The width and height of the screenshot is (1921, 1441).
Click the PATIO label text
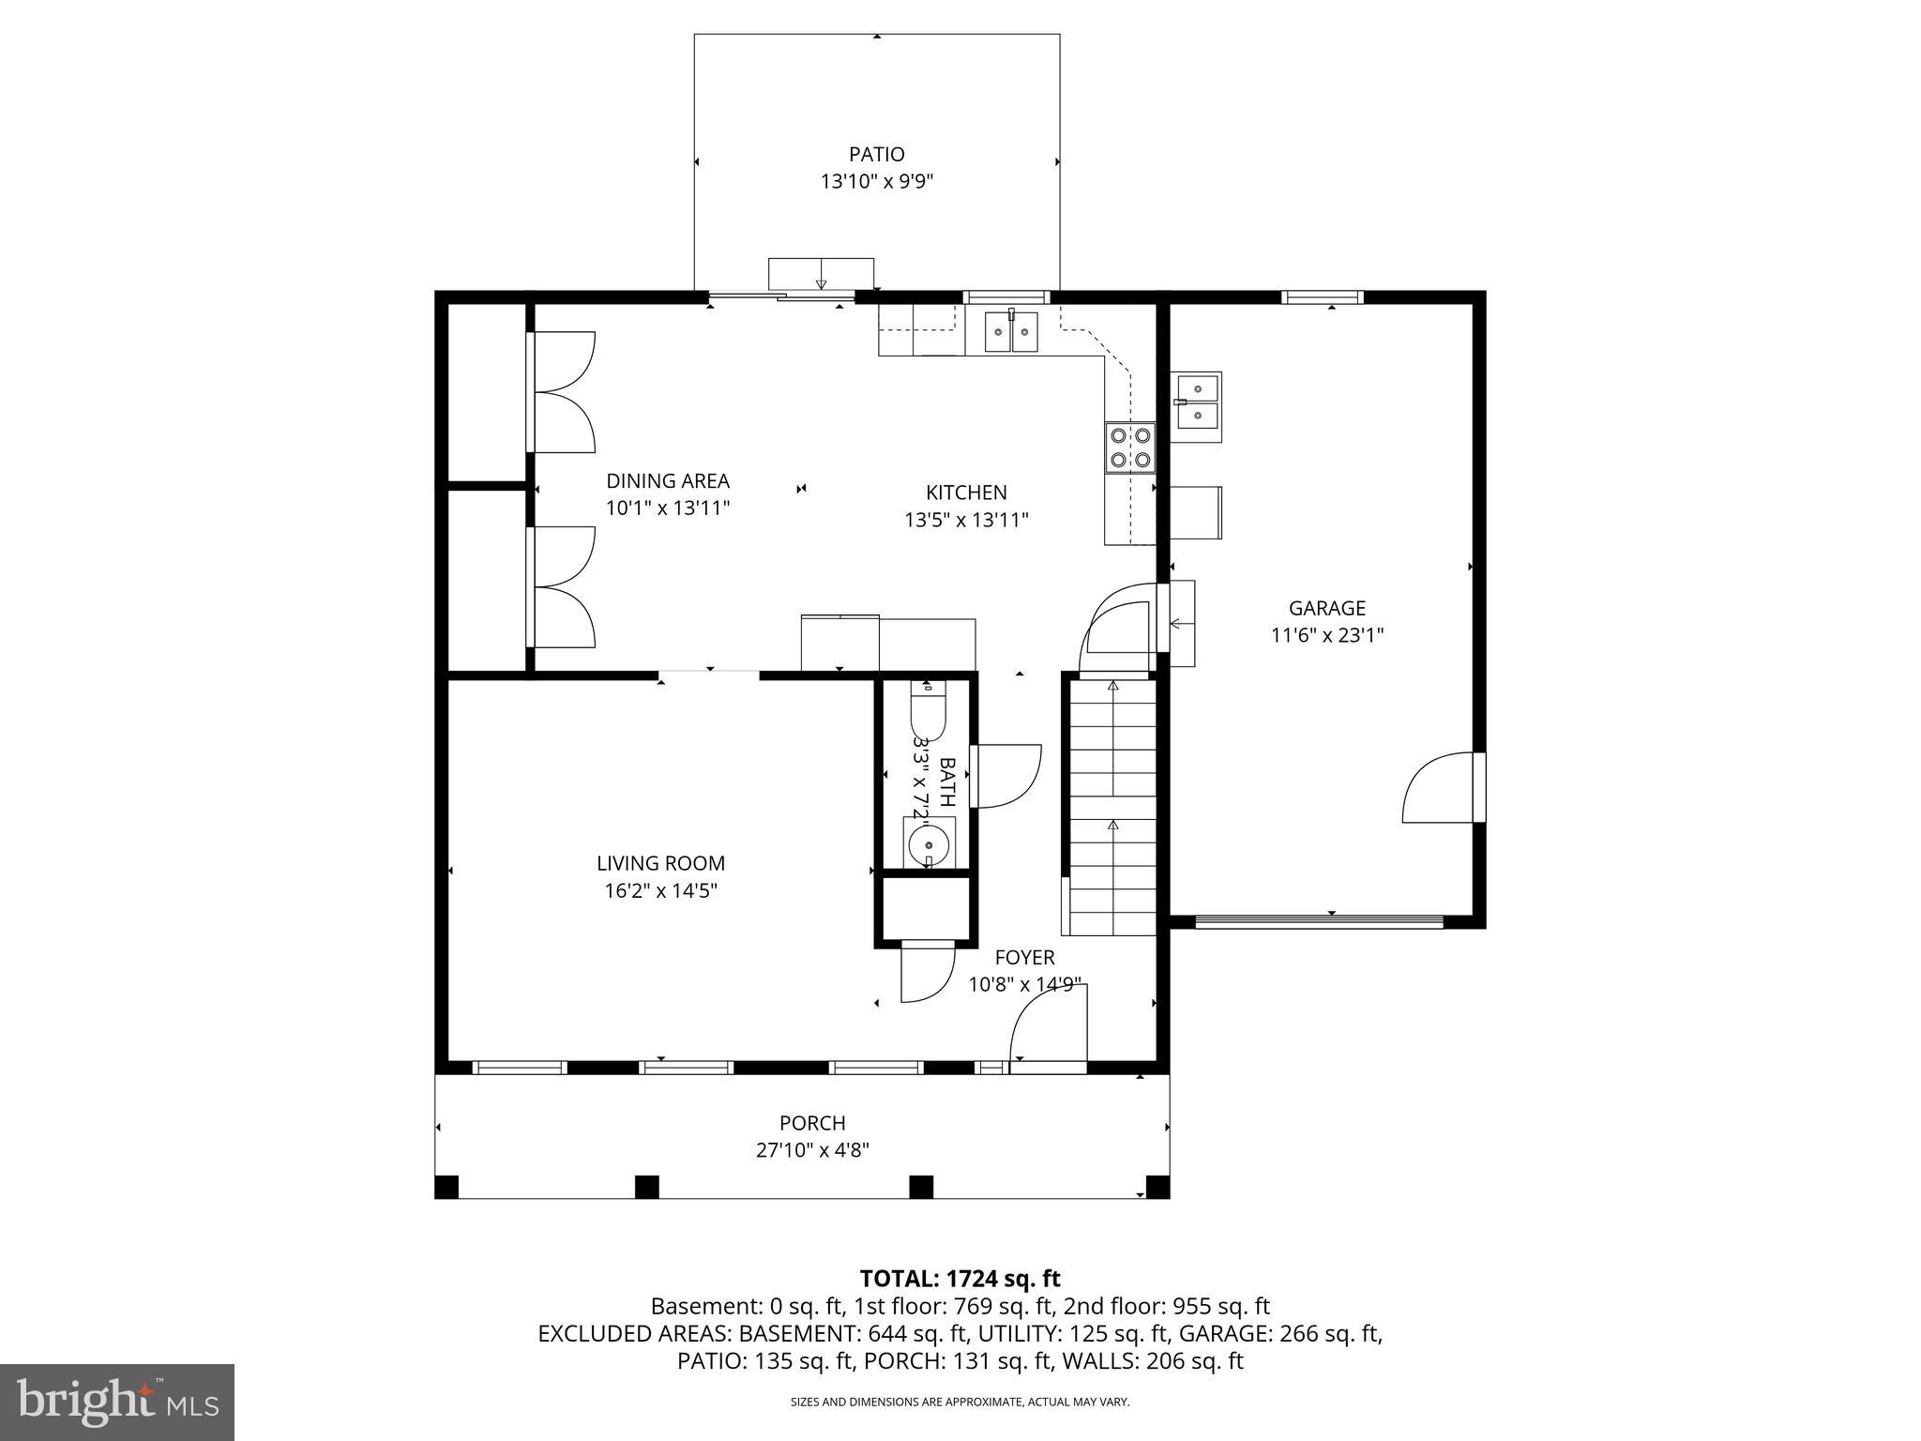coord(876,154)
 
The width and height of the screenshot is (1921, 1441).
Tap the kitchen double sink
coord(1011,331)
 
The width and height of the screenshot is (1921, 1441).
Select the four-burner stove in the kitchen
coord(1129,447)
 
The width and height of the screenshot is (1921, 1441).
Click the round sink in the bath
coord(929,841)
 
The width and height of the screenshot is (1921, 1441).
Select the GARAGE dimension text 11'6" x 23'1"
coord(1326,635)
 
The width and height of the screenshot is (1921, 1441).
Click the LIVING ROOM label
coord(660,863)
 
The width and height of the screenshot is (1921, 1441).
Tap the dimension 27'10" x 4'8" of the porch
coord(812,1150)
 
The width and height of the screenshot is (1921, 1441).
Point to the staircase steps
coord(1112,807)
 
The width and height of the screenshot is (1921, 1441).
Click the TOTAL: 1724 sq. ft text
coord(960,1278)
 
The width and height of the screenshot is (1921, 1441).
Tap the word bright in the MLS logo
coord(84,1401)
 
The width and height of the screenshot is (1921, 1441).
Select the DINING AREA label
coord(667,481)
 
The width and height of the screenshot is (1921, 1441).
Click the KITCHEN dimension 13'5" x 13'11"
coord(966,520)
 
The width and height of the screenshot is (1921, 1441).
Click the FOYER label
coord(1024,957)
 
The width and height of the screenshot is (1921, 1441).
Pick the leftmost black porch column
coord(446,1187)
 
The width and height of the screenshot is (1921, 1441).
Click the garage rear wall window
coord(1322,297)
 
